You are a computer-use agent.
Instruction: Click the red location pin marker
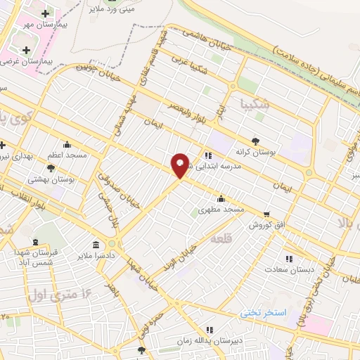180,165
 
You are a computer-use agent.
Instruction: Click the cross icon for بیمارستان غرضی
27,50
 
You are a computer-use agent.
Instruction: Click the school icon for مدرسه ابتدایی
208,155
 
